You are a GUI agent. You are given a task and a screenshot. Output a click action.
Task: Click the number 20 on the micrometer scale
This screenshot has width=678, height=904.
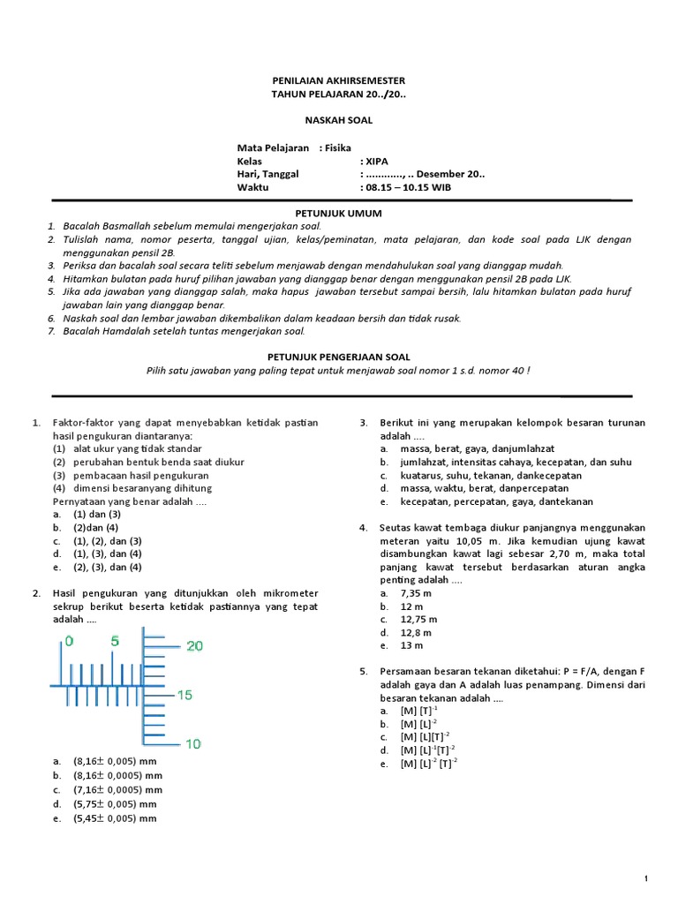click(193, 646)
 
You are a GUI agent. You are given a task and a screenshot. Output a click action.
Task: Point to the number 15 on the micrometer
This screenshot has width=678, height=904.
click(185, 696)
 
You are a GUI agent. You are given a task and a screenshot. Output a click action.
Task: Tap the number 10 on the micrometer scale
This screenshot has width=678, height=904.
click(193, 744)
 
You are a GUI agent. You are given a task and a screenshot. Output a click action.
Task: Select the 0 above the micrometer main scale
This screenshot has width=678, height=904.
click(69, 641)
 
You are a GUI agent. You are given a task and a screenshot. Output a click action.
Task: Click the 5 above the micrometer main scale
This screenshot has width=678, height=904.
click(115, 641)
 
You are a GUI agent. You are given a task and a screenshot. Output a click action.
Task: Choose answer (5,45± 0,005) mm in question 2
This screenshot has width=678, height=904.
click(115, 818)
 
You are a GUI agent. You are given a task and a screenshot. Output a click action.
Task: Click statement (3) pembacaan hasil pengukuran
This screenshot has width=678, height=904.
click(138, 475)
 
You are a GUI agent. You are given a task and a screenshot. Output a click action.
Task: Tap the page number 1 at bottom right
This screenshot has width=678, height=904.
click(647, 878)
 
